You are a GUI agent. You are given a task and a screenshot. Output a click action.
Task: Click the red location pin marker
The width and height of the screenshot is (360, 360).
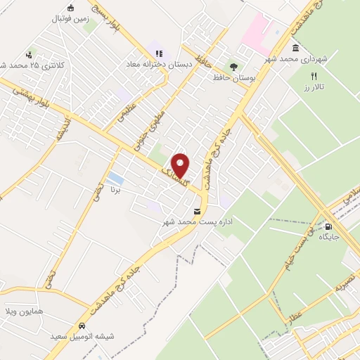[x=181, y=165]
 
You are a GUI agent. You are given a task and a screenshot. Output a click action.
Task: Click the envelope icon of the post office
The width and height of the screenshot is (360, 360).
[x=196, y=212]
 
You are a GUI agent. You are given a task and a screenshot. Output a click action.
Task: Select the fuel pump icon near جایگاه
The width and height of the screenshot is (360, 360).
[x=328, y=226]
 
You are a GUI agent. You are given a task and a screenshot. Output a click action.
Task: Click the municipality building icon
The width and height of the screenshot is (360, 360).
[x=295, y=47]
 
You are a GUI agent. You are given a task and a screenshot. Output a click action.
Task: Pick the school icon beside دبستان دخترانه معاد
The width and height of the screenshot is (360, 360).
[x=159, y=53]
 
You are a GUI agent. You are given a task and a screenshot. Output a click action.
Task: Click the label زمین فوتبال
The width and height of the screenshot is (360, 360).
[x=69, y=19]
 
